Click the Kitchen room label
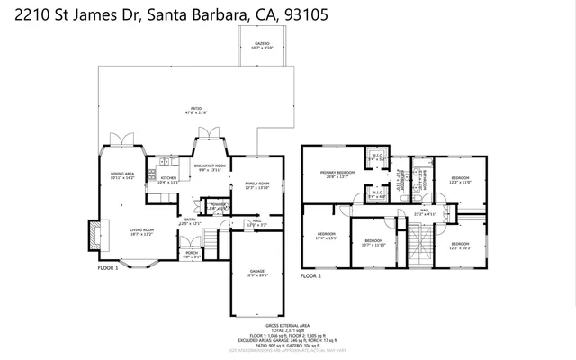click(170, 179)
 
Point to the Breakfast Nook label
click(210, 168)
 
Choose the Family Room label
click(257, 185)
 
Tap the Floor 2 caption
click(310, 275)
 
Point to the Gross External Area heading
click(287, 325)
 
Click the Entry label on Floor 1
click(191, 221)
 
